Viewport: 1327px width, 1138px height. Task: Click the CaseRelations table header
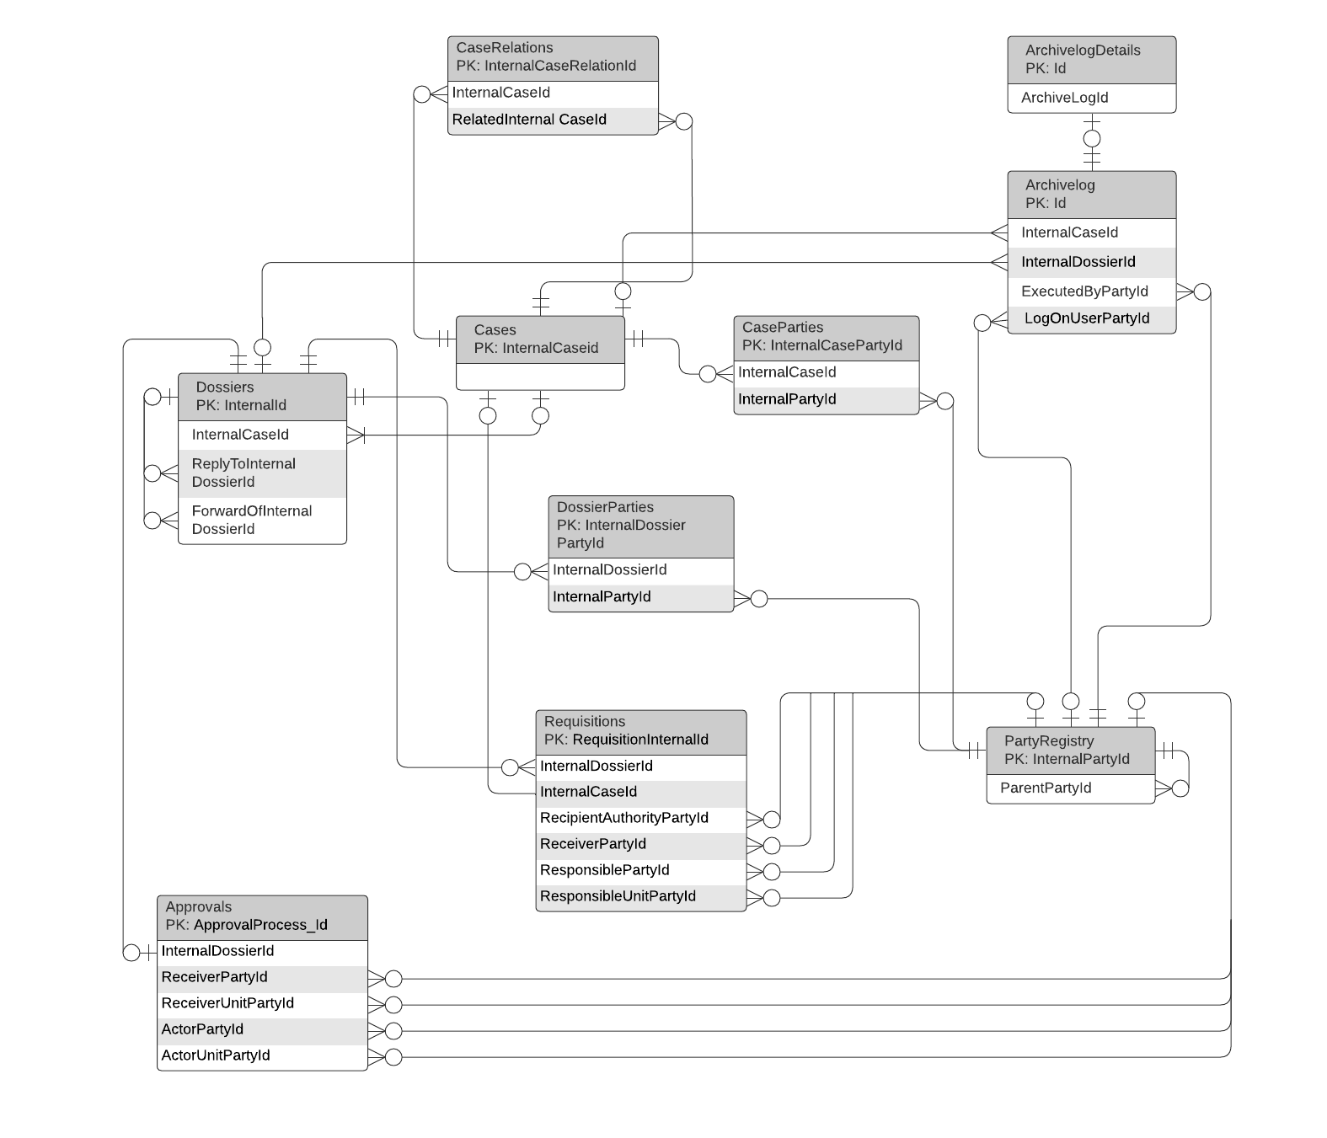point(553,57)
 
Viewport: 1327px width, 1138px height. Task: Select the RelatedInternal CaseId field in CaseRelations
point(553,120)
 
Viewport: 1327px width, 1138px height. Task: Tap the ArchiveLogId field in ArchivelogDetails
point(1091,98)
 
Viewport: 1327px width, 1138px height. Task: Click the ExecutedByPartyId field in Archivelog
point(1091,291)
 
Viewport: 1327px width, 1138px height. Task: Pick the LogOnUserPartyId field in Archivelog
point(1091,318)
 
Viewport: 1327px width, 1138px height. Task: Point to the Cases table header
point(540,339)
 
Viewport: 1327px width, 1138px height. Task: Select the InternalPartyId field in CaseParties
point(826,399)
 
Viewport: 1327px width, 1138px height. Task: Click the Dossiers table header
point(262,397)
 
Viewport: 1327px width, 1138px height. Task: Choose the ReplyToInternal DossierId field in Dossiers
point(262,473)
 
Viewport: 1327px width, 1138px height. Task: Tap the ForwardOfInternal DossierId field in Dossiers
point(262,521)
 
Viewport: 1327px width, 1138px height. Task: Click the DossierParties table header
point(640,526)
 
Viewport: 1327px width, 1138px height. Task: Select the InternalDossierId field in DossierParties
point(640,570)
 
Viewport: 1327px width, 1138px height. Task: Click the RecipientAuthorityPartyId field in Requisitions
point(640,819)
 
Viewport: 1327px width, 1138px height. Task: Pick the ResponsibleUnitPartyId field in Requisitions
point(640,897)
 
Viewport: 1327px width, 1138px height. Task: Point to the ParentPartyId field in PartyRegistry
point(1070,788)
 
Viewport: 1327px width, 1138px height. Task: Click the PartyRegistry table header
point(1070,751)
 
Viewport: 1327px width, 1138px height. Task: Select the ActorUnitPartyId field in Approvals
point(262,1056)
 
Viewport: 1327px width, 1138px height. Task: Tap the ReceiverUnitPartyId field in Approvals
point(262,1004)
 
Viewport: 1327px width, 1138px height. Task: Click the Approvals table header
point(262,916)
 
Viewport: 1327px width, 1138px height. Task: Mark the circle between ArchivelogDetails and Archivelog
point(1092,139)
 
